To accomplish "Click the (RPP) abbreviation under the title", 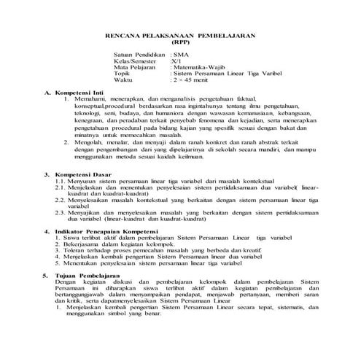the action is pyautogui.click(x=180, y=43).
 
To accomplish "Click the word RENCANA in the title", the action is pyautogui.click(x=127, y=35).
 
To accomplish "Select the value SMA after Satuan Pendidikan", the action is pyautogui.click(x=179, y=55).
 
